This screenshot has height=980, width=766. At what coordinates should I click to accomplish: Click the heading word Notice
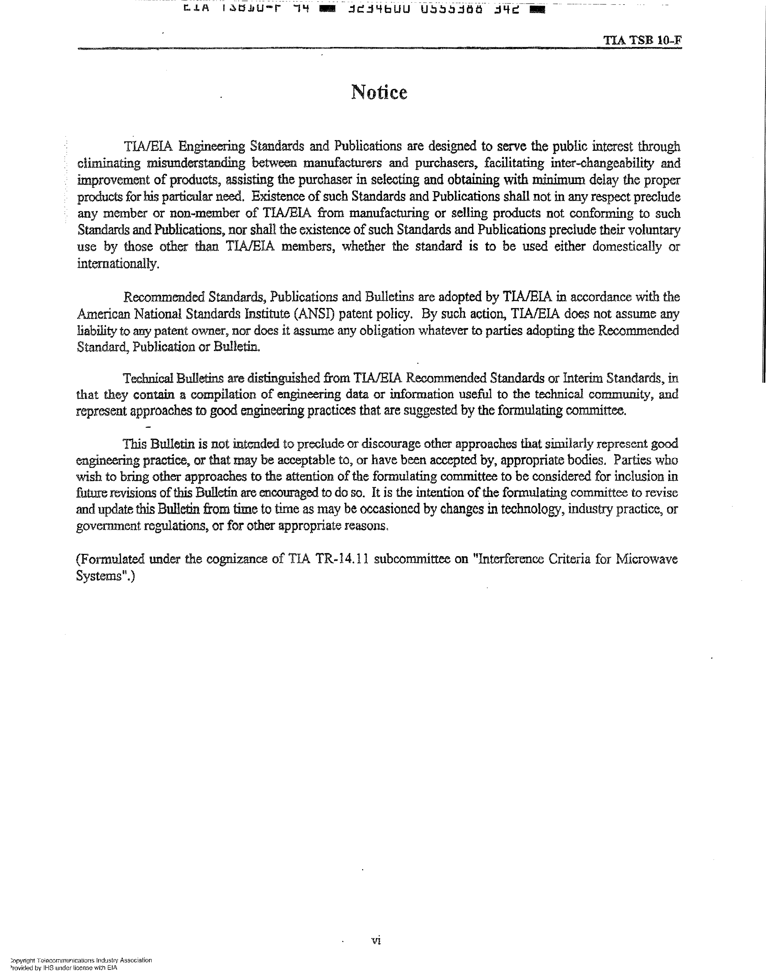379,92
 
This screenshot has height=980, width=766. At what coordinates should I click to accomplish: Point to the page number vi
376,940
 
